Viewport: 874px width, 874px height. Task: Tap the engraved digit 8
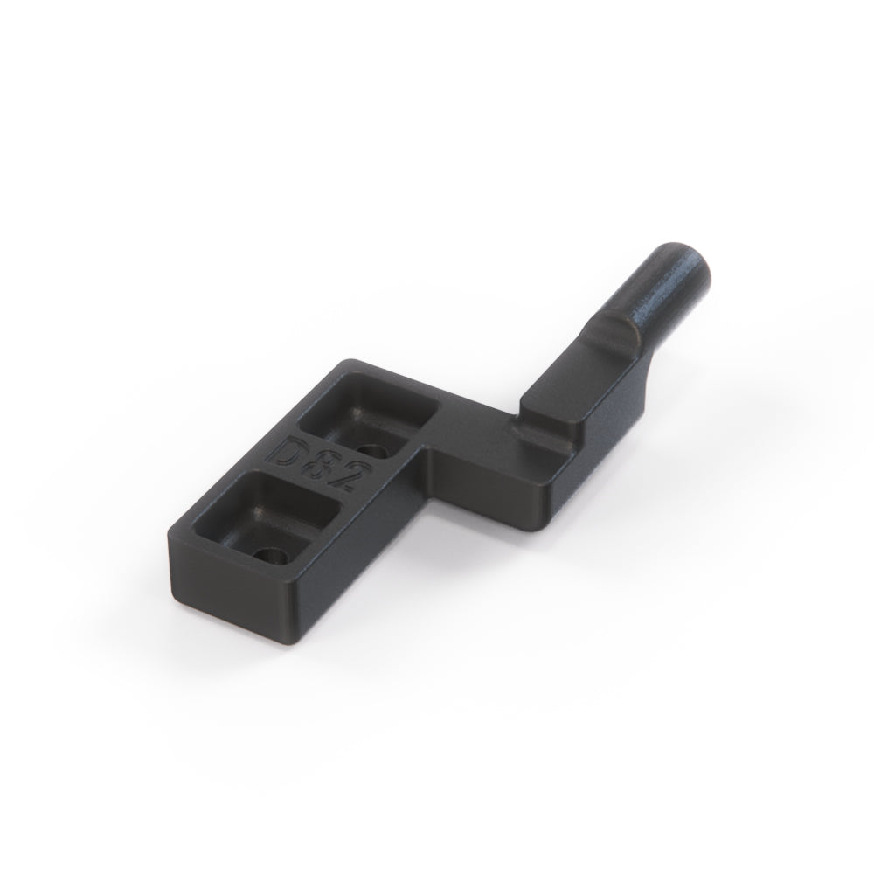tap(321, 467)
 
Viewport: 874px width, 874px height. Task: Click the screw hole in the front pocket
tap(271, 555)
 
